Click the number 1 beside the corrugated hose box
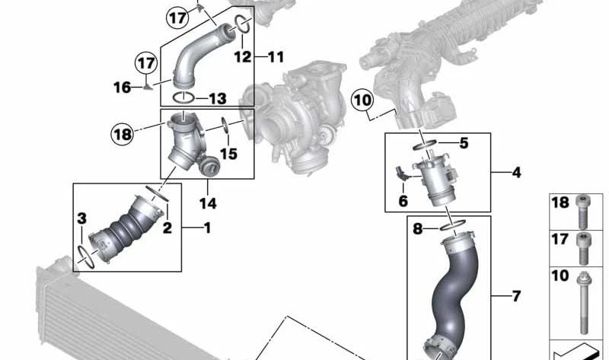click(x=208, y=228)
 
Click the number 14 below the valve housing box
click(x=207, y=203)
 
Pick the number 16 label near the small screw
click(x=123, y=88)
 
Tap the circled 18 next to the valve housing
click(x=122, y=135)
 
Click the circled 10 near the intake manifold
click(x=363, y=99)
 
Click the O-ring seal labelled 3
click(x=86, y=256)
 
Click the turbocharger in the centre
click(x=293, y=122)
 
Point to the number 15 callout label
click(x=229, y=154)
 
